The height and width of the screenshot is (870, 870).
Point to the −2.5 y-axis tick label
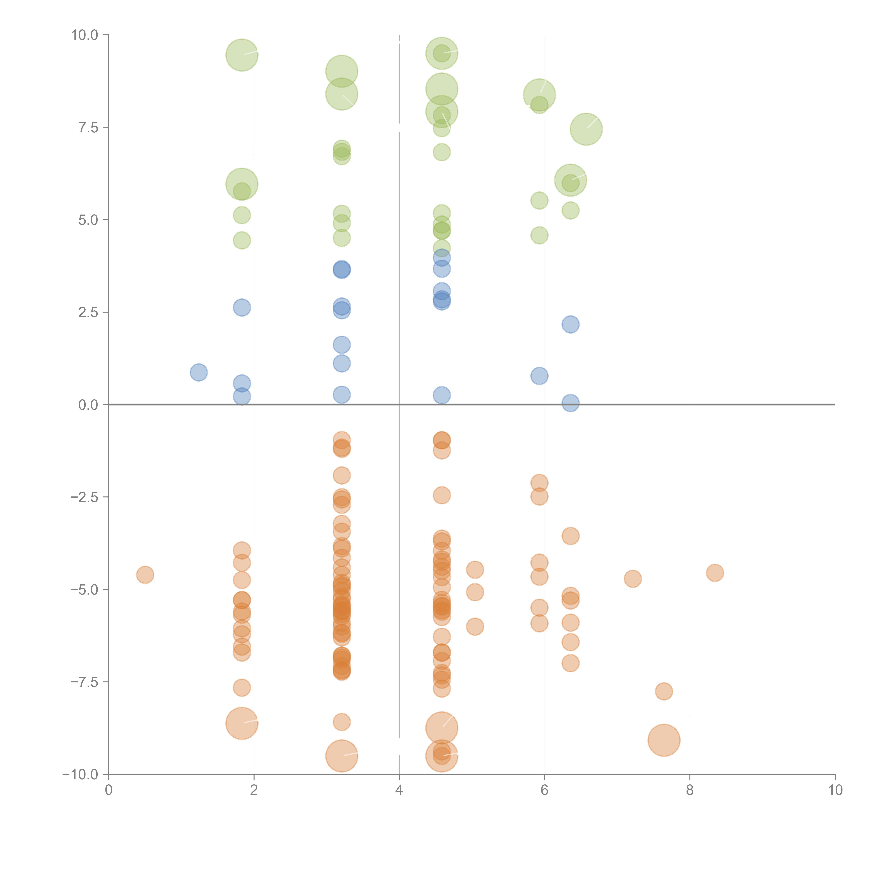84,497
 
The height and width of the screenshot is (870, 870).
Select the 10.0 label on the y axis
84,35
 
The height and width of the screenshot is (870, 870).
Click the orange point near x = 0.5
145,575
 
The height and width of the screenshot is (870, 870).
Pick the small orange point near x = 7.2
633,579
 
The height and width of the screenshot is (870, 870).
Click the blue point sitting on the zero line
571,403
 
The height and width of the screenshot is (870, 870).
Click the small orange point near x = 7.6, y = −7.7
664,691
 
